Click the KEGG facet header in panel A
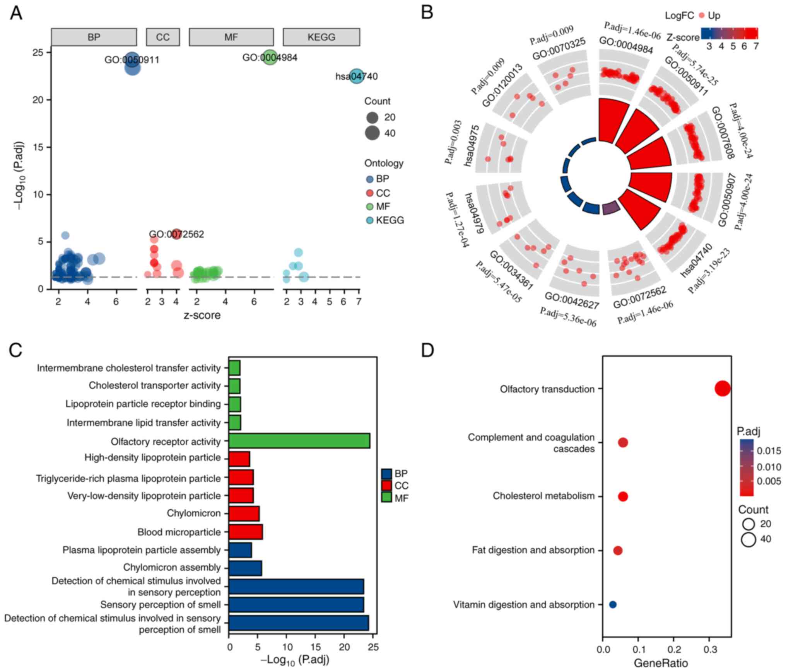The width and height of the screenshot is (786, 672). click(x=321, y=38)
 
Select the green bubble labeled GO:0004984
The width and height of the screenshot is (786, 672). click(x=270, y=57)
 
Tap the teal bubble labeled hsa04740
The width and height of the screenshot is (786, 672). click(x=357, y=76)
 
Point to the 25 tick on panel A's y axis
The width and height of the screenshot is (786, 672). click(x=38, y=52)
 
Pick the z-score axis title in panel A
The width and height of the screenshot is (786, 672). click(x=202, y=315)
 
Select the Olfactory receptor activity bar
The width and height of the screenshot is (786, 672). click(x=299, y=441)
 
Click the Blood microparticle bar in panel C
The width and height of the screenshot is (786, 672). click(x=246, y=532)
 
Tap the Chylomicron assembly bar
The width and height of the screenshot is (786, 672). click(x=245, y=568)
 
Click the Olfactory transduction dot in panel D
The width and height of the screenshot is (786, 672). click(x=723, y=389)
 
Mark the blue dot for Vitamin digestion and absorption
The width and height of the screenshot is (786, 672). click(x=613, y=604)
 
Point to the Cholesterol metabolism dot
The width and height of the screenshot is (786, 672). click(x=623, y=496)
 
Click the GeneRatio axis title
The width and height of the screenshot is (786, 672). click(x=661, y=663)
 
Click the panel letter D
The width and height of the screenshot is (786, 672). click(x=427, y=350)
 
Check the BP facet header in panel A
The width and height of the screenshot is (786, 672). click(x=94, y=38)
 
